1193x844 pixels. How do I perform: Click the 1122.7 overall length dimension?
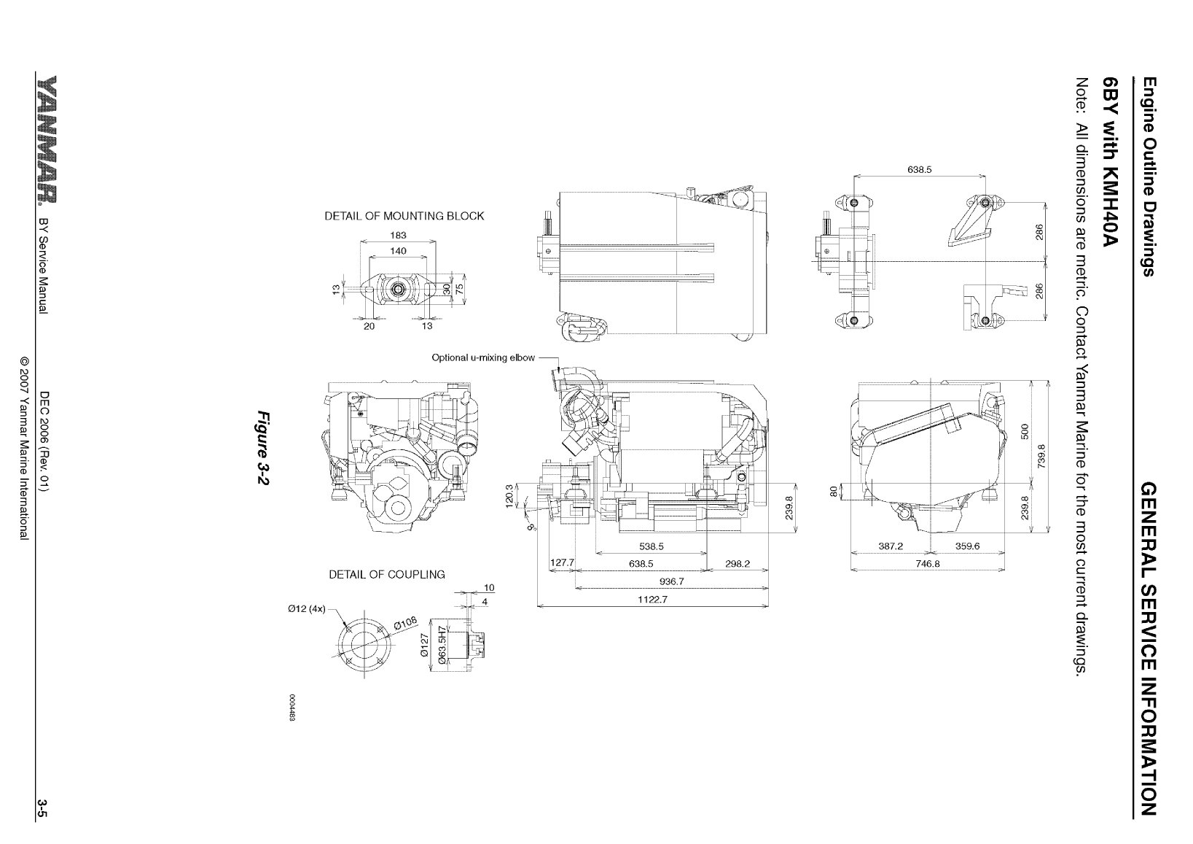(x=652, y=600)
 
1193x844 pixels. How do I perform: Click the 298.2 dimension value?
(x=738, y=563)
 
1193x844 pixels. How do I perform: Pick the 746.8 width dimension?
(x=928, y=563)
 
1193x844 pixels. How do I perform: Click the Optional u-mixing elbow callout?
(x=483, y=357)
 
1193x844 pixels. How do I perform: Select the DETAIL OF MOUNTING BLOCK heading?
(x=404, y=216)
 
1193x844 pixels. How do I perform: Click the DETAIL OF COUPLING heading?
(x=386, y=574)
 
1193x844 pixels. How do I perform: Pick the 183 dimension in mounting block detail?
(x=398, y=235)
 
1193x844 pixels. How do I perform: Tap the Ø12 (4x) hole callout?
(x=310, y=608)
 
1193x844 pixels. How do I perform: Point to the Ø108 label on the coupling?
(x=405, y=622)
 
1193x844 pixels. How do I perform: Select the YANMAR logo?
(x=44, y=138)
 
